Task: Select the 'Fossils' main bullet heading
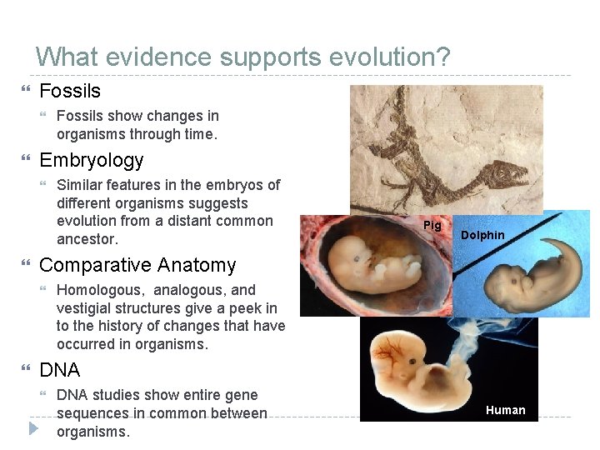70,91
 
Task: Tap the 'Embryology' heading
92,160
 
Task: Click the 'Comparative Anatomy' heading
137,265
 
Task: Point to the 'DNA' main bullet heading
60,370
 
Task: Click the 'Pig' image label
432,226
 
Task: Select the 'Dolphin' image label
482,235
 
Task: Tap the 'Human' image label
505,410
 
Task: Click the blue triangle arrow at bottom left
32,429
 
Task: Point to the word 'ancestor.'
87,239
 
